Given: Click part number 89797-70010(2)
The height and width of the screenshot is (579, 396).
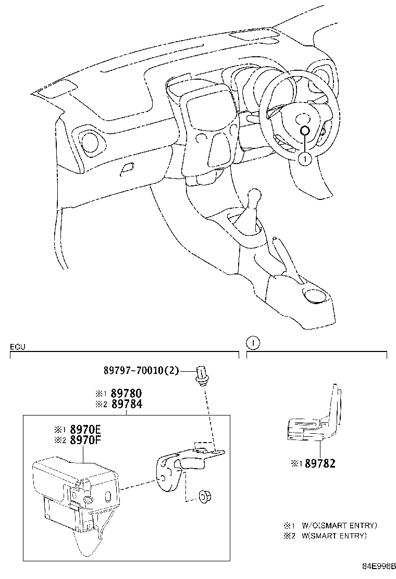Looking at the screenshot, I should click(141, 371).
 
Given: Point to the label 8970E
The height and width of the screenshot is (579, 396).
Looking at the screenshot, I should click(83, 430).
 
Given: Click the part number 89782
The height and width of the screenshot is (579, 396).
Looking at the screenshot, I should click(320, 463).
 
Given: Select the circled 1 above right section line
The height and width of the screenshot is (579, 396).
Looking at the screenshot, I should click(253, 343).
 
